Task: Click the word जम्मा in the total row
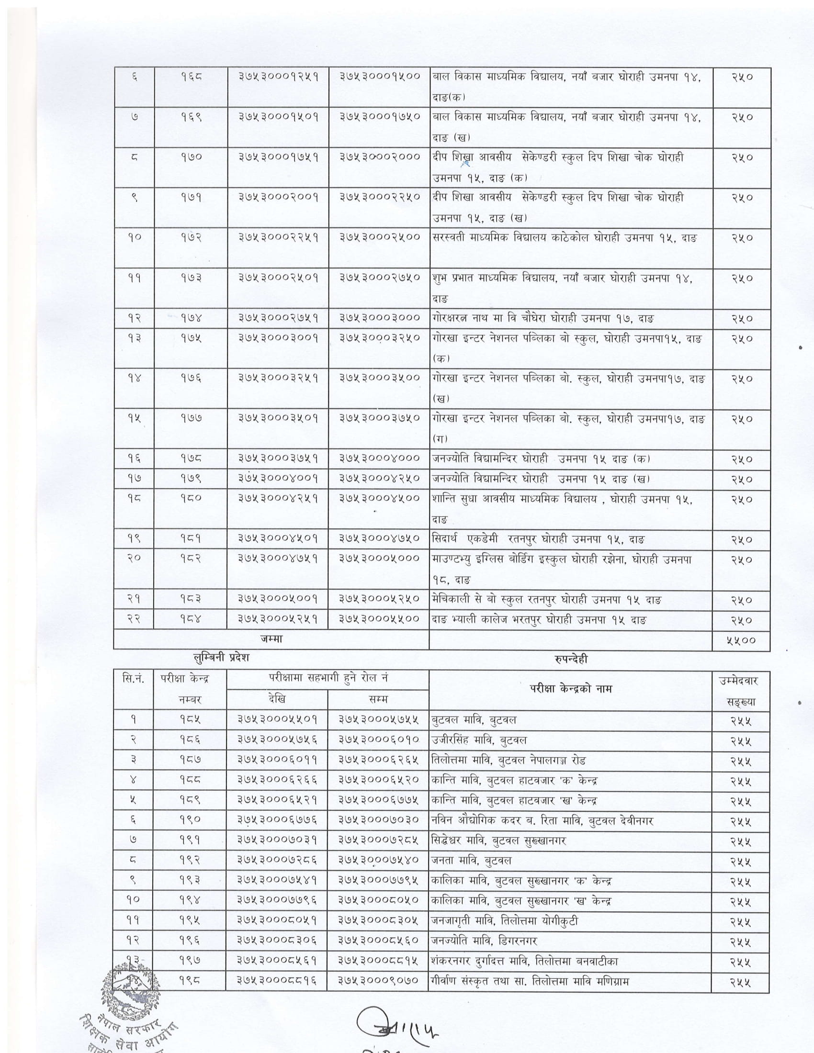pyautogui.click(x=271, y=639)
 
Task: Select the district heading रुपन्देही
pyautogui.click(x=571, y=659)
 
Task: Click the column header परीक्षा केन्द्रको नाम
pyautogui.click(x=570, y=689)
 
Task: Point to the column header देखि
pyautogui.click(x=277, y=699)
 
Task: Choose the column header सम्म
pyautogui.click(x=378, y=699)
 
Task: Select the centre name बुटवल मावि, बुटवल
pyautogui.click(x=475, y=720)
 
